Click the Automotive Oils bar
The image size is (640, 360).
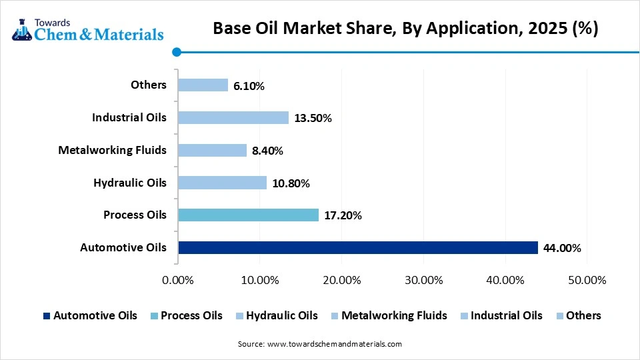tap(357, 247)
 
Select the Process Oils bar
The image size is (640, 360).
tap(248, 215)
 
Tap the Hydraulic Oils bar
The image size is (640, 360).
tap(222, 183)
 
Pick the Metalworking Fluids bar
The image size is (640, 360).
tap(212, 151)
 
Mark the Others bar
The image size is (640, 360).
tap(203, 85)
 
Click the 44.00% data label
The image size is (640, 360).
tap(562, 248)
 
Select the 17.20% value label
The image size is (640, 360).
tap(343, 215)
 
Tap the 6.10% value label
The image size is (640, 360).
tap(249, 86)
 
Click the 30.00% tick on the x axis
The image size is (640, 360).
tap(423, 280)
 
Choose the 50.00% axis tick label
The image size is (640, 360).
tap(587, 280)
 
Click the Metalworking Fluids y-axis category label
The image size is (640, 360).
tap(112, 150)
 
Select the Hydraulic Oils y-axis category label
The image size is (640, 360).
tap(130, 183)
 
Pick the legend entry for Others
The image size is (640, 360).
tap(577, 315)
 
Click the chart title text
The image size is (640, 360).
tap(405, 28)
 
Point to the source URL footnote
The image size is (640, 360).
tap(319, 344)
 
